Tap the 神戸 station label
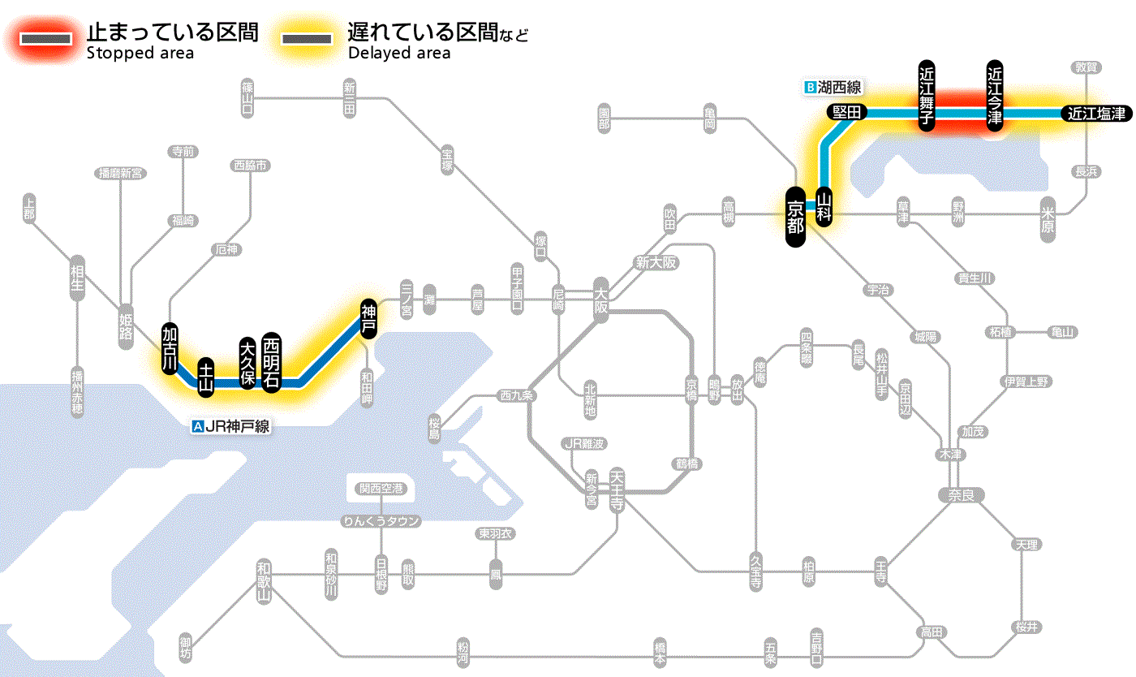click(x=368, y=318)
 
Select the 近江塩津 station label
click(x=1096, y=114)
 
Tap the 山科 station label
click(x=824, y=208)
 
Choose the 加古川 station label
click(x=170, y=348)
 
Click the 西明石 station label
click(x=271, y=362)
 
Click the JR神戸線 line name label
click(x=231, y=425)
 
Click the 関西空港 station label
click(x=381, y=489)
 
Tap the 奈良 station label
click(x=960, y=494)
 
